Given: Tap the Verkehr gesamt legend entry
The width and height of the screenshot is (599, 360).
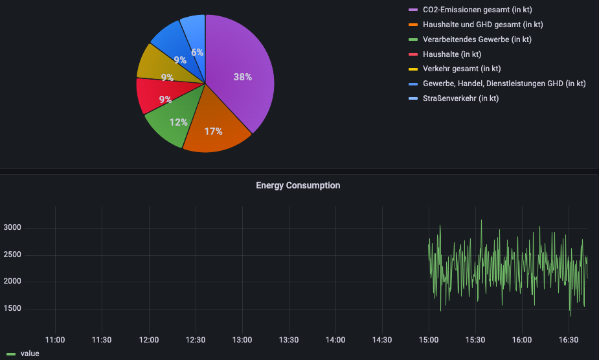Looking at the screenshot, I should pos(461,69).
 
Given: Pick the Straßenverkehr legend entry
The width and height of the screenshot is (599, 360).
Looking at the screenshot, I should pos(460,98).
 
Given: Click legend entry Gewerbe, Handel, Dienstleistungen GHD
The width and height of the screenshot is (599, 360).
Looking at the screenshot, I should pos(504,84).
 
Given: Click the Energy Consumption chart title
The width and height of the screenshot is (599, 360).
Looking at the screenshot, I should pos(298,185).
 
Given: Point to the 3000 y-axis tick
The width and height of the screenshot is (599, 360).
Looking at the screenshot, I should pos(12,227).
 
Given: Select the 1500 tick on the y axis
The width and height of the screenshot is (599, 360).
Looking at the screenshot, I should pos(12,308).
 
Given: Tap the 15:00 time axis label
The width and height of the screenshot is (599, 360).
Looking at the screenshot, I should pos(429,339).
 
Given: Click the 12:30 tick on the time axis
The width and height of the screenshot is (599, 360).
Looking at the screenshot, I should pos(196,339).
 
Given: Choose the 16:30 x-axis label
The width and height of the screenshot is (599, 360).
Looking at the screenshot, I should pos(568,339).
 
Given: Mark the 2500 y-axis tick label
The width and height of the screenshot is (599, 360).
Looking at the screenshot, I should pos(12,254).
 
